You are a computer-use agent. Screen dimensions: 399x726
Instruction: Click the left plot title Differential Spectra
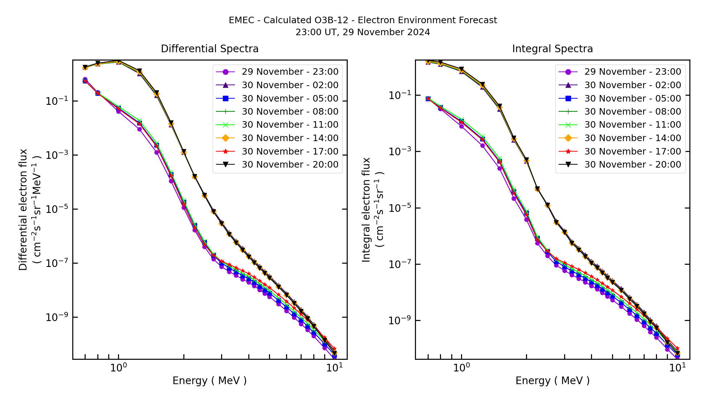point(209,49)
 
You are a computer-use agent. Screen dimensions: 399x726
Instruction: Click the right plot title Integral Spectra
point(552,49)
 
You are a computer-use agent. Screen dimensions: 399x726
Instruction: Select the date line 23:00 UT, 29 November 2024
point(363,32)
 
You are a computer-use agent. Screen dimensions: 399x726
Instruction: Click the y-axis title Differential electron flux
point(23,210)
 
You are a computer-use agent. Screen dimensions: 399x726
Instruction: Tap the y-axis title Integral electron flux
point(366,210)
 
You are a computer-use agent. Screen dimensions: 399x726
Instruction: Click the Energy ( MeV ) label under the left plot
point(209,381)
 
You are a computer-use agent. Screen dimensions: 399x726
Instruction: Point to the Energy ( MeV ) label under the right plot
point(552,381)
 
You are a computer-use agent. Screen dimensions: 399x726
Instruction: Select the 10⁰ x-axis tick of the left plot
point(118,368)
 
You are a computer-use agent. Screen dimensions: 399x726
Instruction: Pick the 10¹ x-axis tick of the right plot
point(677,368)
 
